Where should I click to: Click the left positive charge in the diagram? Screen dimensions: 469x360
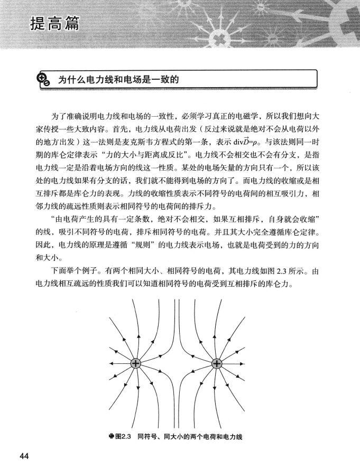(136, 364)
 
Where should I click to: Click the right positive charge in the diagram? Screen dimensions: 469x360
(217, 364)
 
